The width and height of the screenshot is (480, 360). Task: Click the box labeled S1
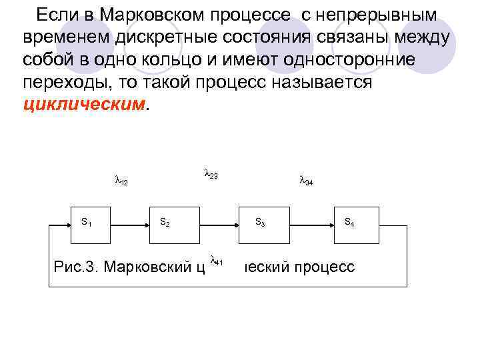pos(91,226)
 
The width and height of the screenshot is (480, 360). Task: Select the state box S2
pos(173,226)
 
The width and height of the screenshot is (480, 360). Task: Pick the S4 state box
pos(356,226)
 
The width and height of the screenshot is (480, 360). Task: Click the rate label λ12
pos(121,180)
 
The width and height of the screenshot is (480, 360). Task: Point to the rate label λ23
pos(211,175)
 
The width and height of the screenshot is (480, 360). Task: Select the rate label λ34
pos(307,180)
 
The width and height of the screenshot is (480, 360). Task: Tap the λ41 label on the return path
pos(217,261)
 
